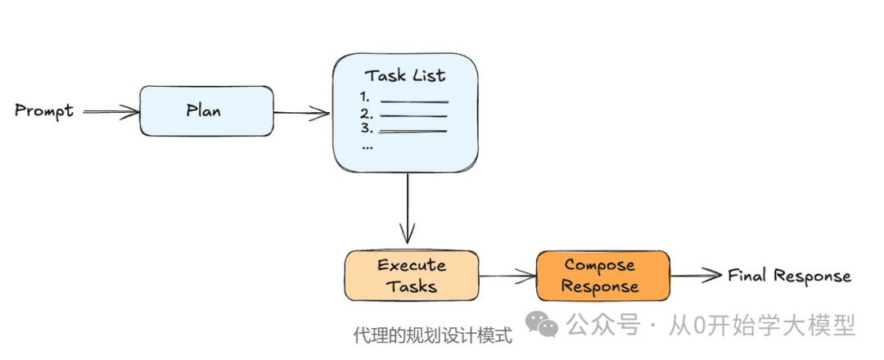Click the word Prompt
pyautogui.click(x=44, y=110)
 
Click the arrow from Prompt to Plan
pyautogui.click(x=111, y=111)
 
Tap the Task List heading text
pyautogui.click(x=405, y=75)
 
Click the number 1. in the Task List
pyautogui.click(x=365, y=97)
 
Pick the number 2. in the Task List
pyautogui.click(x=366, y=113)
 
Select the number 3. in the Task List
pyautogui.click(x=366, y=128)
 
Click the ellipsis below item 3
pyautogui.click(x=367, y=146)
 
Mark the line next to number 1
pyautogui.click(x=414, y=101)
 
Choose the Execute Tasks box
pyautogui.click(x=412, y=276)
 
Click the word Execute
pyautogui.click(x=412, y=265)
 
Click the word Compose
pyautogui.click(x=600, y=265)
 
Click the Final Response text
pyautogui.click(x=789, y=276)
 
